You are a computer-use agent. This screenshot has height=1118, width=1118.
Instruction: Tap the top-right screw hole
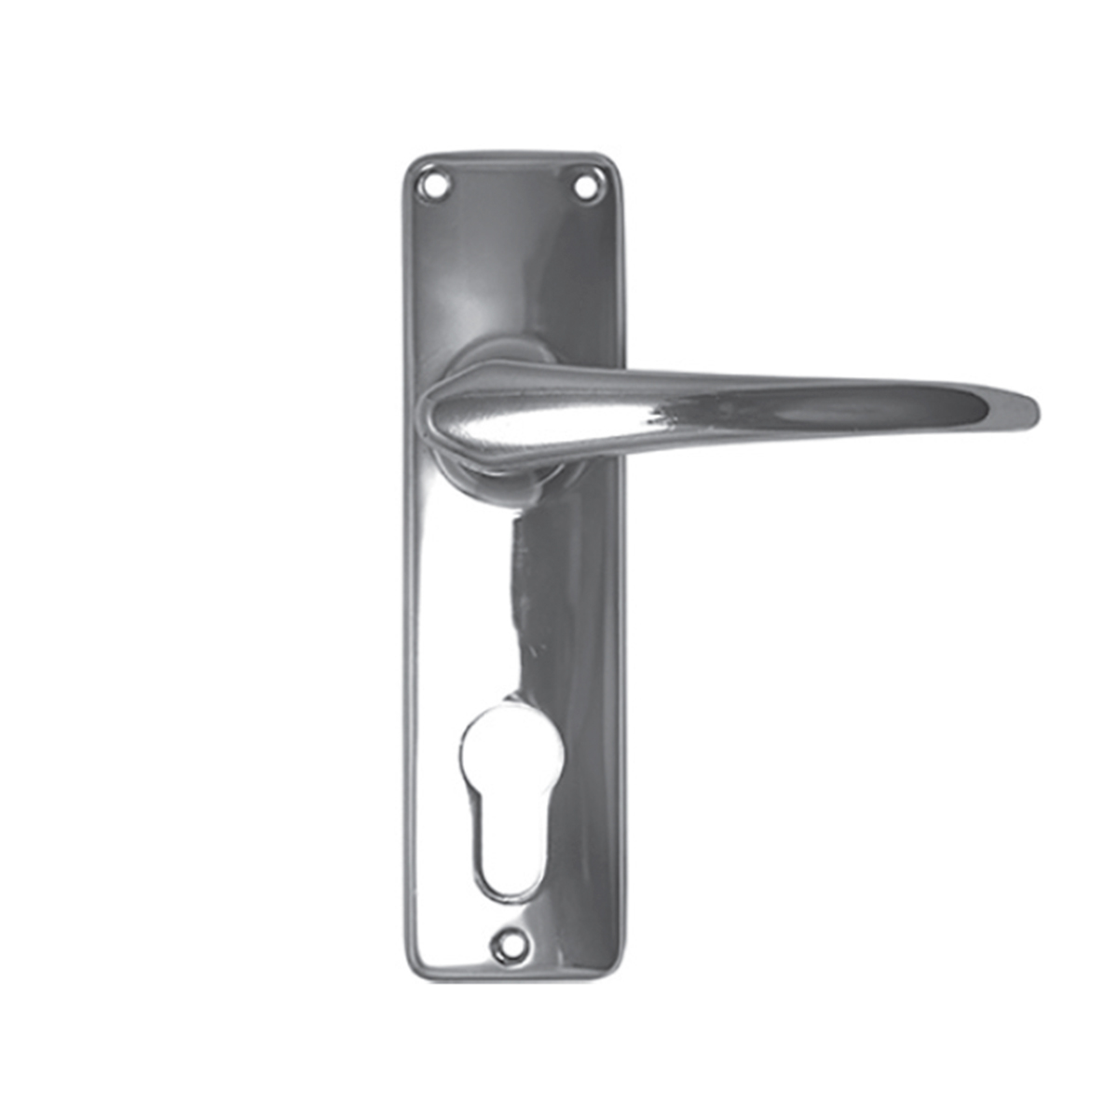(585, 187)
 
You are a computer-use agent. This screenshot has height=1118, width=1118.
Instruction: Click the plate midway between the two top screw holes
(508, 186)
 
